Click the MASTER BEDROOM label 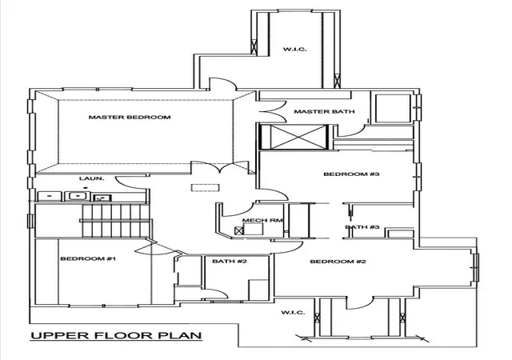point(130,117)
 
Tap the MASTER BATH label point(324,111)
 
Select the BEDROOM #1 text point(88,258)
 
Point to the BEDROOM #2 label point(338,262)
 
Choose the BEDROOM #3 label point(352,174)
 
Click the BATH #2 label point(230,261)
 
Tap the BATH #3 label point(362,226)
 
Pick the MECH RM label point(262,220)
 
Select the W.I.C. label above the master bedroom point(295,50)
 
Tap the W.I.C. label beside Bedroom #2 point(294,312)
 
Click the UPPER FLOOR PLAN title point(116,335)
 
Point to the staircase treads point(115,221)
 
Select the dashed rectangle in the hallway point(205,188)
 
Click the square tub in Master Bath point(393,109)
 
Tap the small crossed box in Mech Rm point(239,230)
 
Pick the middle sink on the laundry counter point(78,196)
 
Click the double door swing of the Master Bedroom point(221,166)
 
